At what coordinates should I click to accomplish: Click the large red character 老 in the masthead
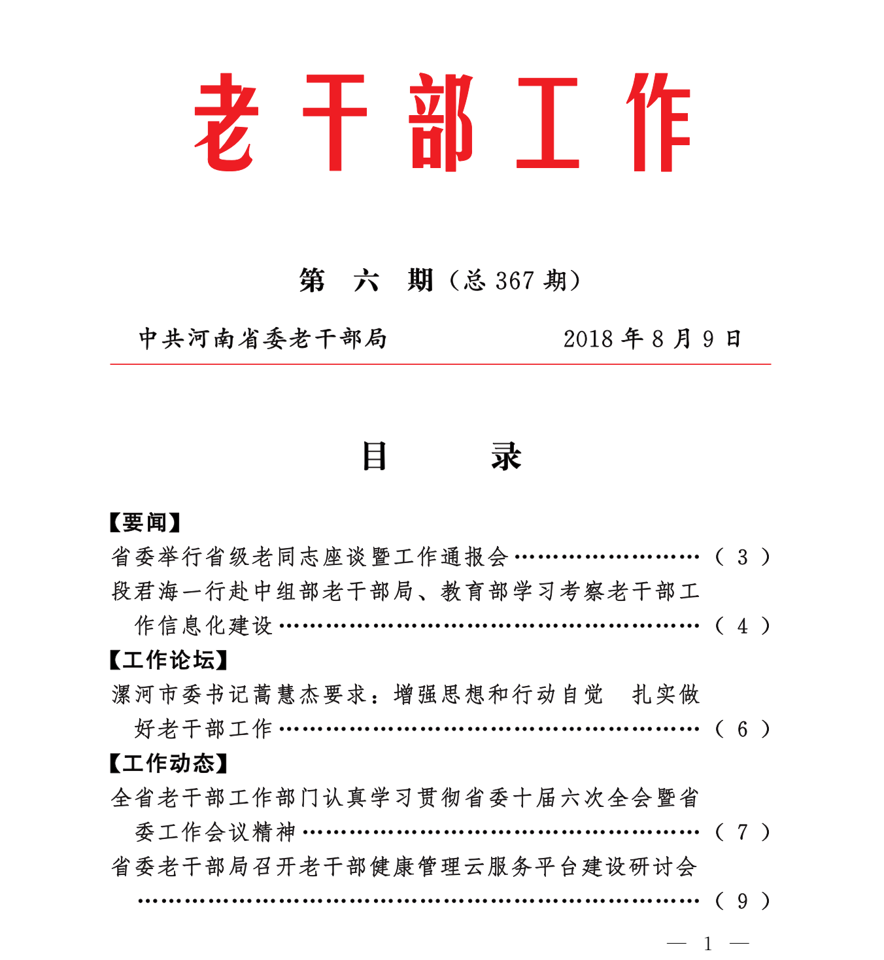pos(224,122)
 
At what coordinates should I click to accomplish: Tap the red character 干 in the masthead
pos(335,122)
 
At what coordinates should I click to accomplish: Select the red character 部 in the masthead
pos(442,122)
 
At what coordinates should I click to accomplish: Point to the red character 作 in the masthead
pos(658,122)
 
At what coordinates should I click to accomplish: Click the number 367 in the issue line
pos(515,281)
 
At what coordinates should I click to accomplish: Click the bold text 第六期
pos(366,281)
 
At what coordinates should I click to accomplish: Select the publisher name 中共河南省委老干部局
pos(263,339)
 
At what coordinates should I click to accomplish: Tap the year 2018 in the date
pos(588,339)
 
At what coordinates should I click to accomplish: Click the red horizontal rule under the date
pos(440,364)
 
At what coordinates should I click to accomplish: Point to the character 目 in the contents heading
pos(375,456)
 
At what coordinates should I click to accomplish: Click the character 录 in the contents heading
pos(506,456)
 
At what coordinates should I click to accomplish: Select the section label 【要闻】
pos(144,523)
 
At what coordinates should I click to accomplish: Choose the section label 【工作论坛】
pos(168,660)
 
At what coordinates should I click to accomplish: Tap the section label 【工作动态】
pos(168,763)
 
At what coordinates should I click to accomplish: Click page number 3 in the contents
pos(742,557)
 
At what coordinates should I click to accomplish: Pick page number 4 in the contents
pos(742,626)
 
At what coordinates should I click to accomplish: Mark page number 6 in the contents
pos(742,729)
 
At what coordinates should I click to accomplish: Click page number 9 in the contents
pos(742,901)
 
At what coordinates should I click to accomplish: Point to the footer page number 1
pos(707,944)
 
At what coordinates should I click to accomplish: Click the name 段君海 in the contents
pos(144,591)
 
